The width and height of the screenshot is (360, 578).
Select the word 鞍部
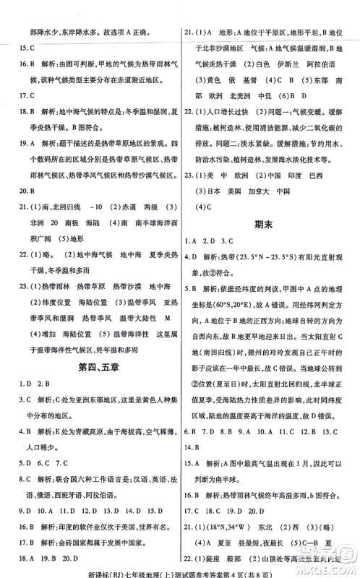point(256,565)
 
